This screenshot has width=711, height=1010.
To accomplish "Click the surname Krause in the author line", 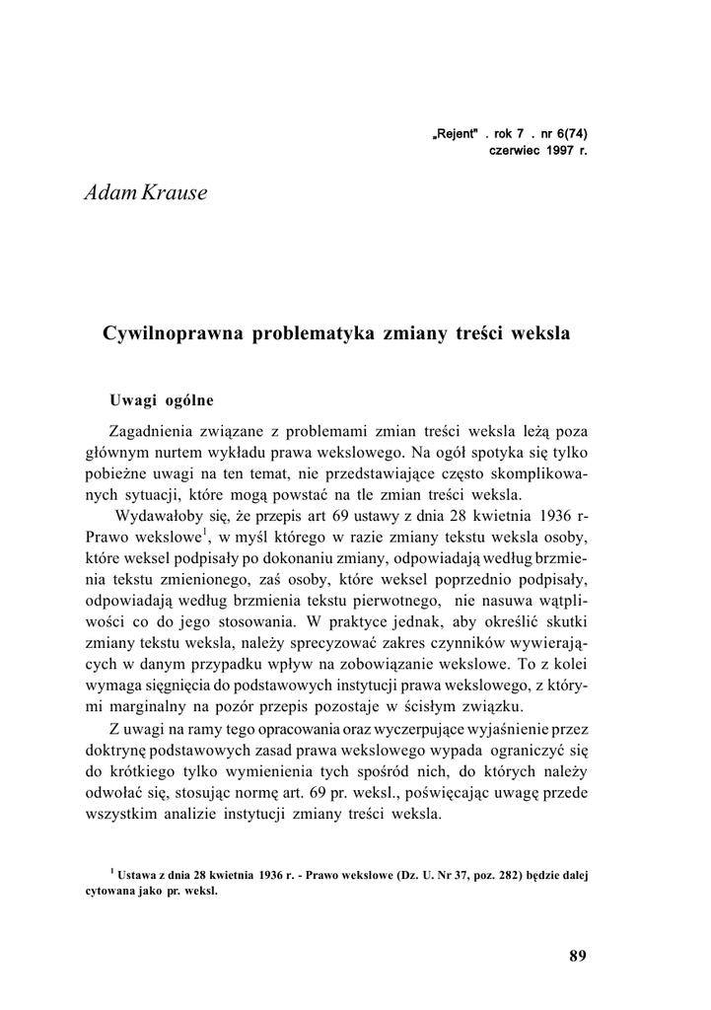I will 175,192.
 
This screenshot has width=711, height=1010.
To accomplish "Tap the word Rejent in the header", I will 456,135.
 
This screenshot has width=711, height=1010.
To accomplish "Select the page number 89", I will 578,956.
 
